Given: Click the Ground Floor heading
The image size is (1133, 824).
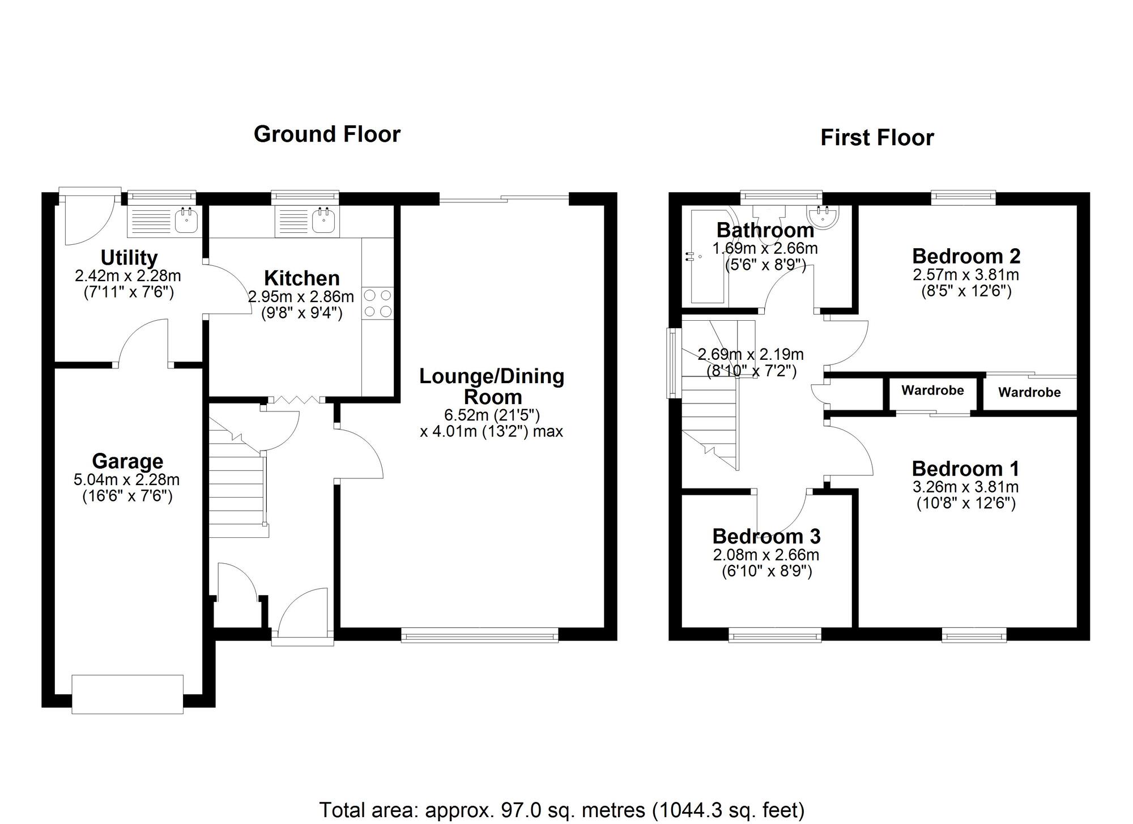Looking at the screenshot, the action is (327, 134).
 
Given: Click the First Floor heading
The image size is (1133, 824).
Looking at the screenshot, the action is (877, 138).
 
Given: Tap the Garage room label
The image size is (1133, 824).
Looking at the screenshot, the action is (127, 461).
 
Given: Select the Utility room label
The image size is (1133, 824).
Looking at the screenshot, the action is (129, 258).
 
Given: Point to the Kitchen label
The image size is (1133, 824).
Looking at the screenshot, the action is (302, 278).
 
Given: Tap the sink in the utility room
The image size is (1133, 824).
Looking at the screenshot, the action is (186, 220).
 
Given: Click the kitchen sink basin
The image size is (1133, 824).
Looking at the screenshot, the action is (323, 220).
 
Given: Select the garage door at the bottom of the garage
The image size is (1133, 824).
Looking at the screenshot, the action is (127, 694).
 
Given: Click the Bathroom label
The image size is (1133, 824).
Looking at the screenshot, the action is (765, 230).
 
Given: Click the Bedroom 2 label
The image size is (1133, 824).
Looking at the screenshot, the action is (966, 256).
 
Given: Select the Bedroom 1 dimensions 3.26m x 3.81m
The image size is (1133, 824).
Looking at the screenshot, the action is (966, 487).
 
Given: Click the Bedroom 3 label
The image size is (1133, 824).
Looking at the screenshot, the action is (766, 536).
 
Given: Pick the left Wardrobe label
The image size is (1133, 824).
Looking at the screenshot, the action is (932, 390).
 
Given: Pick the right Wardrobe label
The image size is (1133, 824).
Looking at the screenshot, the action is (1029, 392).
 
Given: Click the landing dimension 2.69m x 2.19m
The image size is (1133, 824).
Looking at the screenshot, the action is (751, 355).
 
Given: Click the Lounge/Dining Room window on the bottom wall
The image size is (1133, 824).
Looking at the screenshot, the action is (480, 635).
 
